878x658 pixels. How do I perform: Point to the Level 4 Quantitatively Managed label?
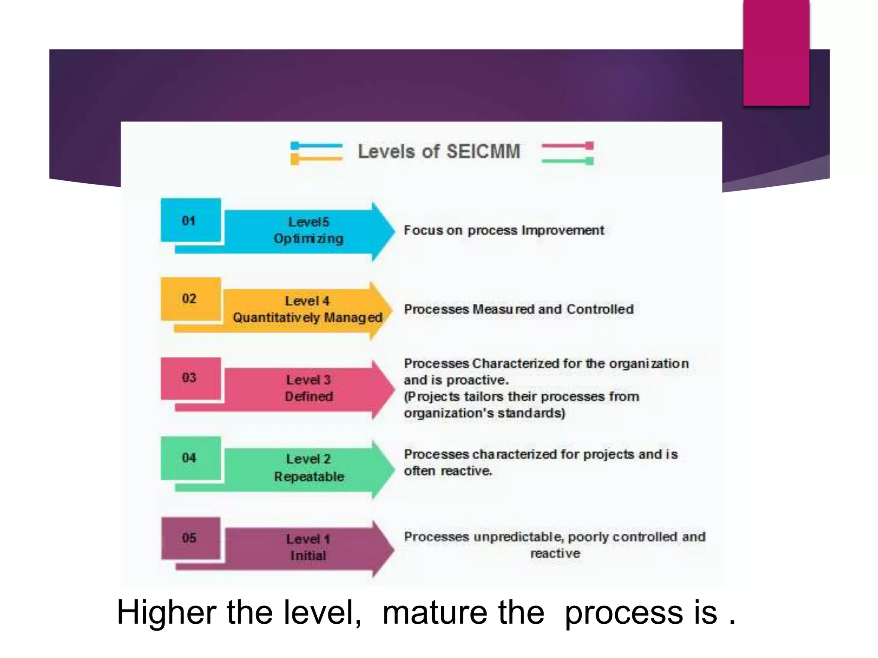307,309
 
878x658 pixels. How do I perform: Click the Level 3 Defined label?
309,388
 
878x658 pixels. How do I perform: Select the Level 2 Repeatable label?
309,468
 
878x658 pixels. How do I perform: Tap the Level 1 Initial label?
308,547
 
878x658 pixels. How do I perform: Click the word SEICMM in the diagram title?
483,152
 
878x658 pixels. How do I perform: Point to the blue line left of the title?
317,146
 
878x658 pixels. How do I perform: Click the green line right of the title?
567,161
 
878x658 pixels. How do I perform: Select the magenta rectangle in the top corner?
776,52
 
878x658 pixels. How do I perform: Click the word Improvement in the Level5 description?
563,230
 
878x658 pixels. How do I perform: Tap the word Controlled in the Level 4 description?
600,309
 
